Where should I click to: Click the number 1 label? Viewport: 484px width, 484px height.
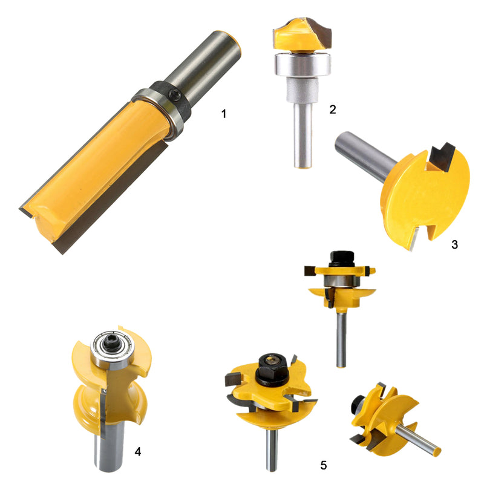[224, 114]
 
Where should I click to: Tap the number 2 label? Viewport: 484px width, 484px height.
[332, 110]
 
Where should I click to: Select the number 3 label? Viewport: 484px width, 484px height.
[454, 244]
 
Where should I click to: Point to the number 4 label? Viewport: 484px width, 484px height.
[138, 451]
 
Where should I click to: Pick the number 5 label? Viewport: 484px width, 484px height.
[323, 465]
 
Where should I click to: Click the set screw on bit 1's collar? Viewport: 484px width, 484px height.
[175, 94]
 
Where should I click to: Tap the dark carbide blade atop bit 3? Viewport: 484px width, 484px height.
[442, 157]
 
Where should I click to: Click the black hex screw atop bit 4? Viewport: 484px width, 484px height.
[112, 342]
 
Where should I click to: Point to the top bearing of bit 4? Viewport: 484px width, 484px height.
[113, 348]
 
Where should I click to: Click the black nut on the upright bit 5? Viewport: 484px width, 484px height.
[342, 259]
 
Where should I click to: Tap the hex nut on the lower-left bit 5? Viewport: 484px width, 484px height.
[272, 369]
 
